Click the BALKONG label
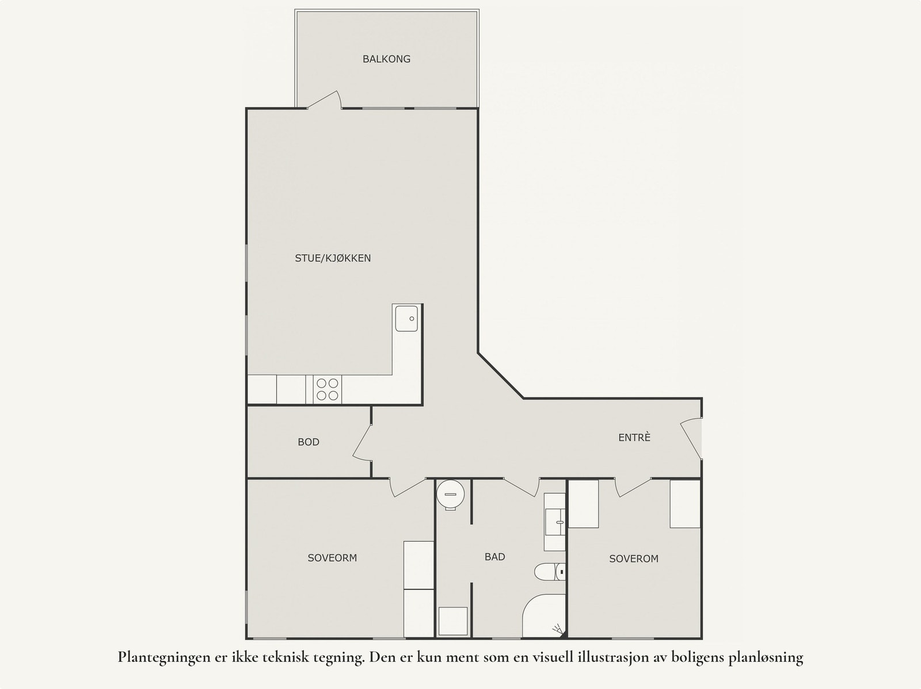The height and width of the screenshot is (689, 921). tap(386, 59)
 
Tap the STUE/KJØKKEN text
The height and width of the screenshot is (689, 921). tap(333, 258)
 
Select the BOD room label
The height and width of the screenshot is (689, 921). tap(309, 442)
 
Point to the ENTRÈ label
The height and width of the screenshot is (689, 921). tap(634, 438)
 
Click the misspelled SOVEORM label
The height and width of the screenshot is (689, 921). tap(332, 558)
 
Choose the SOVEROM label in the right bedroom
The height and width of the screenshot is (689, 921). tap(634, 558)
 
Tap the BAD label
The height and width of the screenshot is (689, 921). tap(495, 557)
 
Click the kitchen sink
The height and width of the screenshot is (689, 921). tap(407, 318)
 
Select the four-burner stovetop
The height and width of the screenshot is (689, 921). tap(328, 389)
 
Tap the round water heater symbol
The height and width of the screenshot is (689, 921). tap(450, 493)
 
